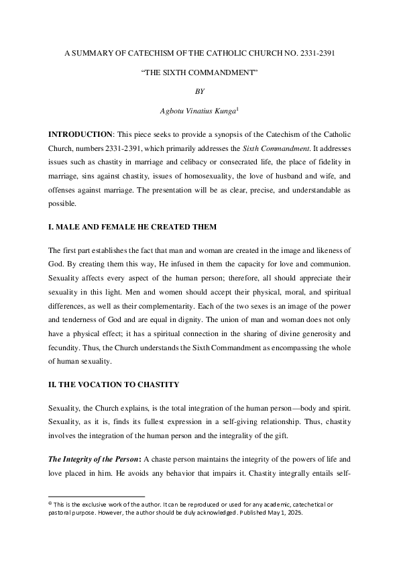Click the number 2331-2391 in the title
314,51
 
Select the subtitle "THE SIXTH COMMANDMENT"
199,70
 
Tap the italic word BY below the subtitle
199,89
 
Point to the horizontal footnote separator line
97,497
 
